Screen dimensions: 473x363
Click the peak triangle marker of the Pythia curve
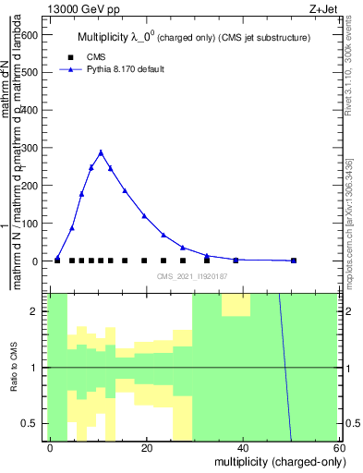tap(101, 152)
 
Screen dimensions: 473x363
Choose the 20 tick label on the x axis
tap(147, 447)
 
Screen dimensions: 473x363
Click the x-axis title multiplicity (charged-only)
tap(274, 460)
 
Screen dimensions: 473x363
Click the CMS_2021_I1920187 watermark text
tap(191, 276)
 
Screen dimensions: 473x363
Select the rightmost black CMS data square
tap(294, 261)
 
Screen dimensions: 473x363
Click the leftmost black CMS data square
tap(57, 261)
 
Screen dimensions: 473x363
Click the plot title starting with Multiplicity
tap(193, 37)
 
